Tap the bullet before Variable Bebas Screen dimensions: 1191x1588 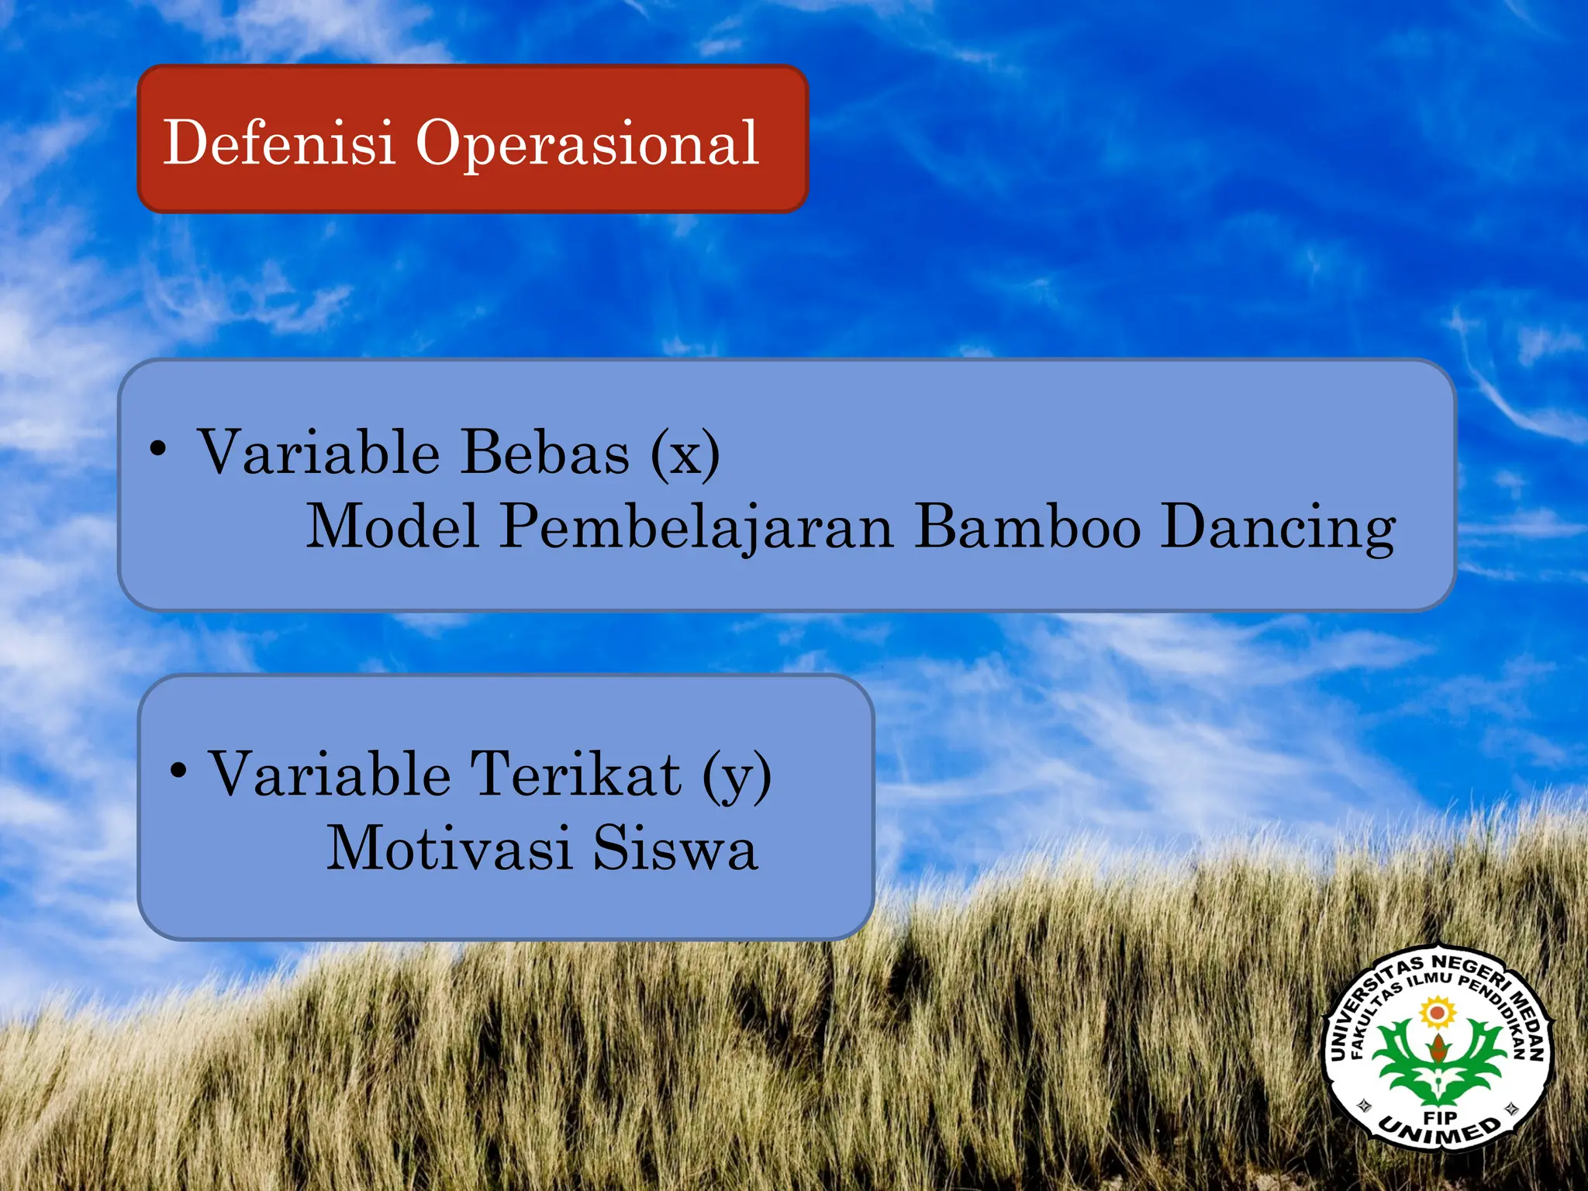158,449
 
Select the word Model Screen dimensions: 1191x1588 392,526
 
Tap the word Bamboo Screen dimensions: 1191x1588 1027,526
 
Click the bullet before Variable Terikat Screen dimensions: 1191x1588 178,771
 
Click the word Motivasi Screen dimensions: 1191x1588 449,848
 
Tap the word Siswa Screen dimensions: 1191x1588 675,848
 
